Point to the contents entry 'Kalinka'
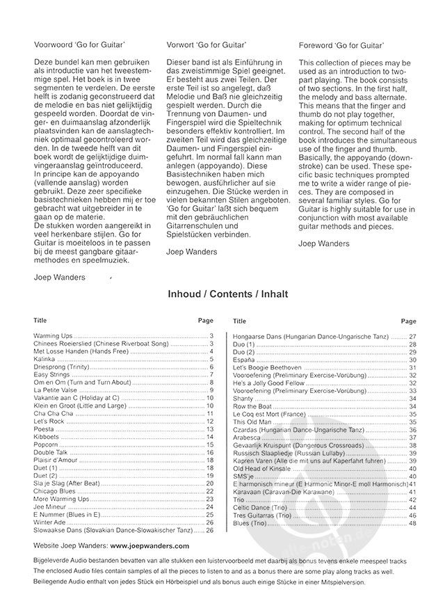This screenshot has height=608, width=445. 44,359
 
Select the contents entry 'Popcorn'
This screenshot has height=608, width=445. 46,444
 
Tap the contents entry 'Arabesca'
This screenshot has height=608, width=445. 247,438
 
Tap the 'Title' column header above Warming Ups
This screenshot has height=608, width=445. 40,321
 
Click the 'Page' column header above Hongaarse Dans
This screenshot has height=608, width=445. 408,321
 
